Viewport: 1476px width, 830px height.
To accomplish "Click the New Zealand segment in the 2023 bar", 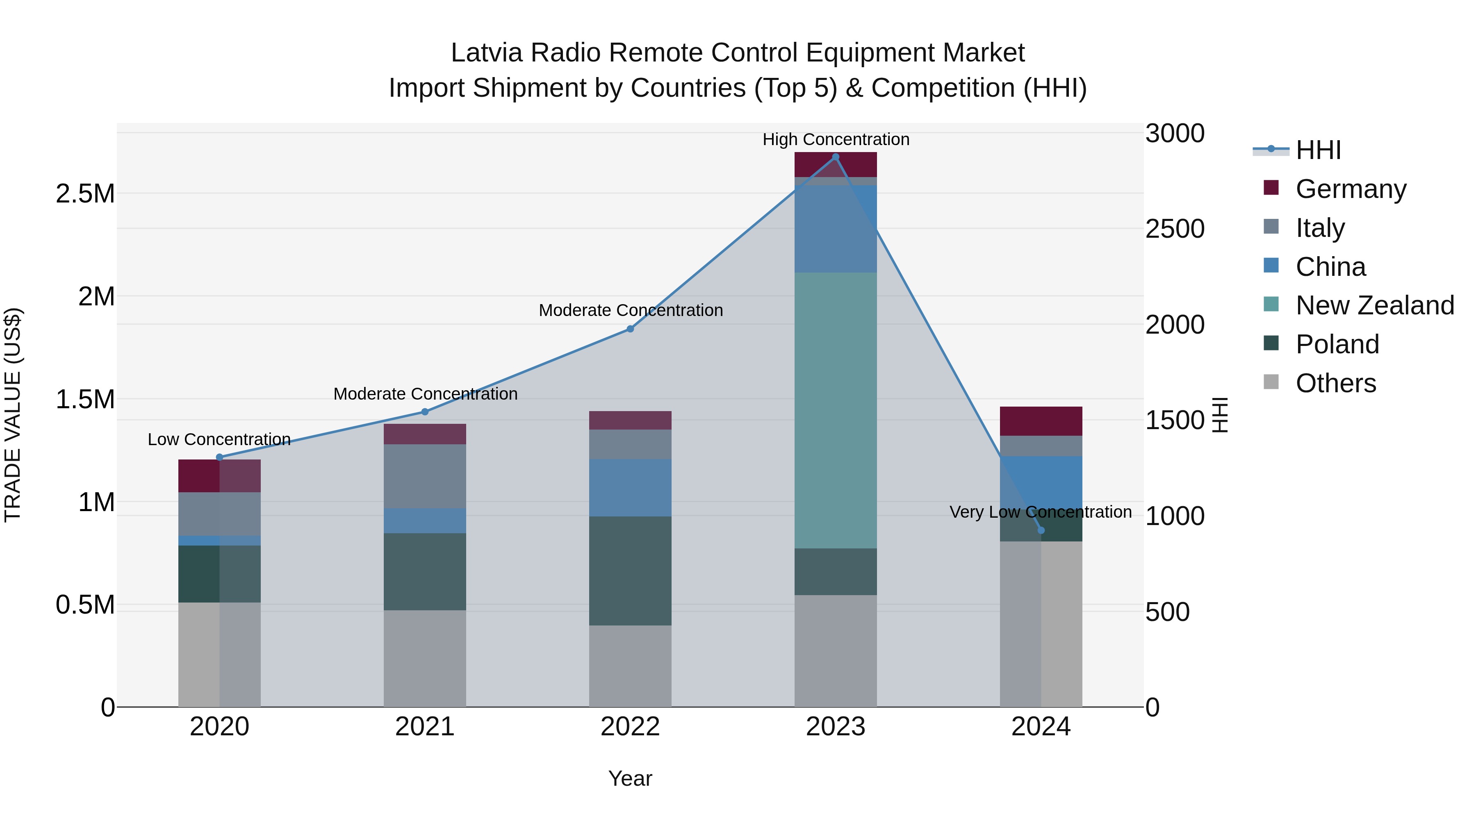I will (836, 410).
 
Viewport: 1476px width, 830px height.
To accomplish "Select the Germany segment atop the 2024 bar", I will (1041, 421).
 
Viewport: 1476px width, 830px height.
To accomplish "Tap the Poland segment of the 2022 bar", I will (630, 571).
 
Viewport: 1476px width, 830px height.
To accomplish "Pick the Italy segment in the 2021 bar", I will (425, 476).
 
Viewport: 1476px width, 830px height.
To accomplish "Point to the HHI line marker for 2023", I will (836, 157).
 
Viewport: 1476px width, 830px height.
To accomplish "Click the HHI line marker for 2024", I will (1041, 530).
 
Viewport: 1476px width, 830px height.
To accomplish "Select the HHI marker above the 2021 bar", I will (425, 412).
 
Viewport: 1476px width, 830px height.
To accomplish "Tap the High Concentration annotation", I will (836, 140).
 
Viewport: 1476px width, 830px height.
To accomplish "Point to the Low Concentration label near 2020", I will (219, 439).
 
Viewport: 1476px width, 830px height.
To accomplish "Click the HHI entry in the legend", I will (1318, 150).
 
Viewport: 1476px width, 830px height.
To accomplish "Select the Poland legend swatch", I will (1271, 343).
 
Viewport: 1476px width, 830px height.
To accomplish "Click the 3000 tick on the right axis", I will (1175, 134).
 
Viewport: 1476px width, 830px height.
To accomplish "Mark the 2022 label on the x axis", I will (630, 727).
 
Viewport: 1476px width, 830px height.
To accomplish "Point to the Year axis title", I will (630, 778).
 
